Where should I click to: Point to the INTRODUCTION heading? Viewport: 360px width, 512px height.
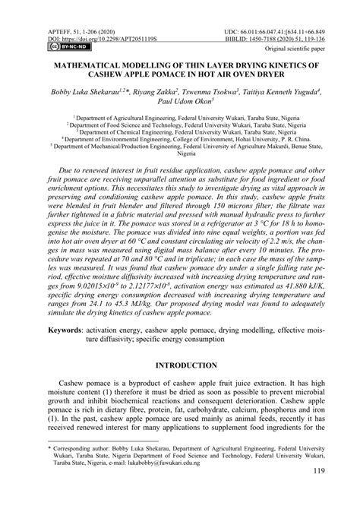click(x=180, y=365)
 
